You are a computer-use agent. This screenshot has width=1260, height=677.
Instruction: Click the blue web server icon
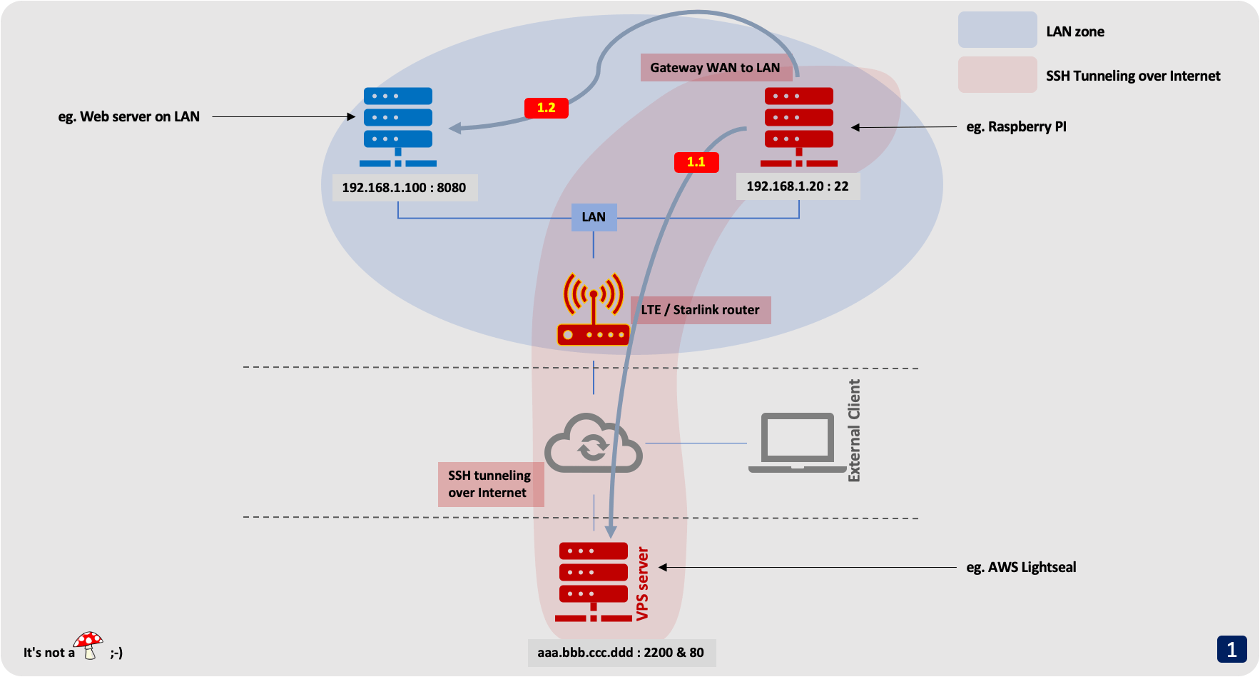[x=398, y=126]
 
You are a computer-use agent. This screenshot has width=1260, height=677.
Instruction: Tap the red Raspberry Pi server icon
[x=798, y=126]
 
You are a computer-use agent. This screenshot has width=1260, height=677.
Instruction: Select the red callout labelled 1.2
[x=547, y=108]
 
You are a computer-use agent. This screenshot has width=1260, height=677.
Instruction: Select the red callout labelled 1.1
[x=696, y=162]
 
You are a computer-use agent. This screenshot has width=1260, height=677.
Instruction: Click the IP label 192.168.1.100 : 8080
[x=404, y=188]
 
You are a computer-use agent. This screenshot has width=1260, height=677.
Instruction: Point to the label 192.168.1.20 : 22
[x=798, y=186]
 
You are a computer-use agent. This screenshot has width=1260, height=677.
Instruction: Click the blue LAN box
[x=594, y=217]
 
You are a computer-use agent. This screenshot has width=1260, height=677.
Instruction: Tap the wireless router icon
[x=594, y=310]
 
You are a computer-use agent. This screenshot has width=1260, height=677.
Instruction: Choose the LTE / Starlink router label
[x=700, y=310]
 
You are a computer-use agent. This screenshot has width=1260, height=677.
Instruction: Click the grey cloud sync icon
[x=594, y=443]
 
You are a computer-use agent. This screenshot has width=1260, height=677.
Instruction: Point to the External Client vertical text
[x=854, y=431]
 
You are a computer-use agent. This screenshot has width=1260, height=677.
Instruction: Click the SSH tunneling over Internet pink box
[x=490, y=484]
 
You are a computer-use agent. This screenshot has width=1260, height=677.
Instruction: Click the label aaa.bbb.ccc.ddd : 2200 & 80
[x=621, y=653]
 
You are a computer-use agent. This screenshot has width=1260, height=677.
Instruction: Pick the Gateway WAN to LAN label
[x=715, y=68]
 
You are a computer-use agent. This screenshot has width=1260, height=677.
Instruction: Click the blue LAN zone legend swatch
[x=997, y=30]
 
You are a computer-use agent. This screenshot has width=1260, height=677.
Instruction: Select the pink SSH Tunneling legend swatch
[x=997, y=75]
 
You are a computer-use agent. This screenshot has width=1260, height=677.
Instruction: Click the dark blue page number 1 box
[x=1231, y=649]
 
